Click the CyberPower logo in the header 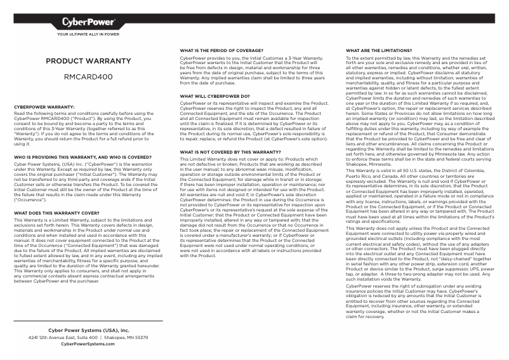pos(88,23)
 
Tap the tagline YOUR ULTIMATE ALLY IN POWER pos(88,35)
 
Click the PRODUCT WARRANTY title pos(88,61)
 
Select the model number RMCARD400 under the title pos(88,77)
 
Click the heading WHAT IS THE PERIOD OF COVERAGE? pos(221,50)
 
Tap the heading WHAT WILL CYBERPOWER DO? pos(215,96)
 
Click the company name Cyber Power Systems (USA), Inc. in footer pos(88,331)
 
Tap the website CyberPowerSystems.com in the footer pos(88,344)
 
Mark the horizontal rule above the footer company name pos(88,322)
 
